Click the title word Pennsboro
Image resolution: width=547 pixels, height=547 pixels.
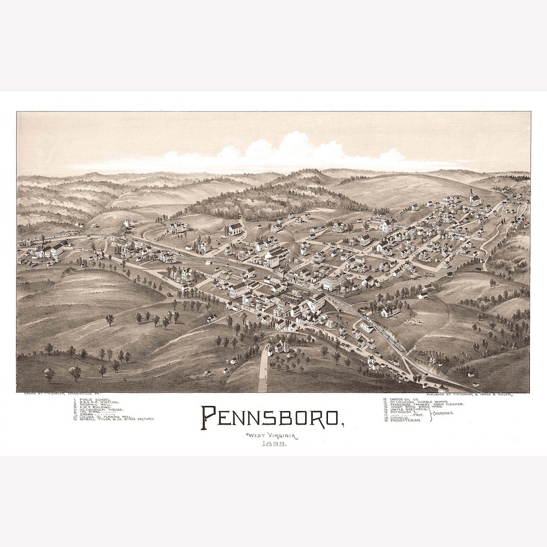271,416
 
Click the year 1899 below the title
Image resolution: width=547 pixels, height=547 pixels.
273,444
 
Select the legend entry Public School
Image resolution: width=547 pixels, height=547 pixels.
92,399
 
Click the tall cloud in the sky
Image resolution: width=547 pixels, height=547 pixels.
294,147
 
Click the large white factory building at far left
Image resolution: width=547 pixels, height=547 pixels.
51,250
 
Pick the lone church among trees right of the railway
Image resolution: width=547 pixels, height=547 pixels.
389,311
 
